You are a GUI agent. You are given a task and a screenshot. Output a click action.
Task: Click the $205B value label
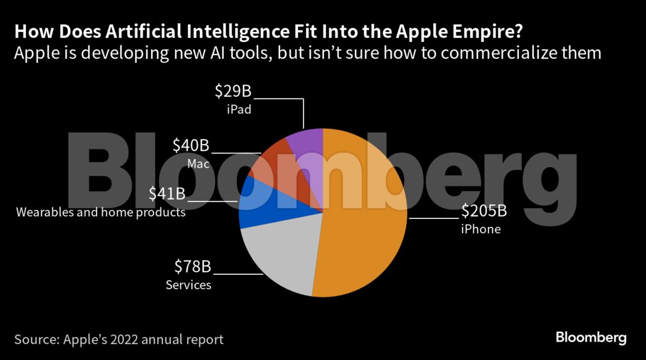click(x=483, y=211)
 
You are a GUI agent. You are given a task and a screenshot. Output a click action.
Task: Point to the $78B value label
click(x=192, y=266)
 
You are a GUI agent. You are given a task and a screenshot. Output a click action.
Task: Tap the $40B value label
click(x=190, y=145)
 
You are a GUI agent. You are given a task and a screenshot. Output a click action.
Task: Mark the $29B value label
click(x=233, y=91)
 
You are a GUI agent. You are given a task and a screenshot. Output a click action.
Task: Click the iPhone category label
click(x=480, y=229)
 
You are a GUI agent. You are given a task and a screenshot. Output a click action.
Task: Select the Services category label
click(x=188, y=284)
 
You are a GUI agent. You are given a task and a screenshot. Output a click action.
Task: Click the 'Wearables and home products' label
click(x=101, y=212)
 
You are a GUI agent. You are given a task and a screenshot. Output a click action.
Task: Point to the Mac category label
click(x=198, y=164)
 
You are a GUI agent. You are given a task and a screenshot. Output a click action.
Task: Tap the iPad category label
click(x=238, y=110)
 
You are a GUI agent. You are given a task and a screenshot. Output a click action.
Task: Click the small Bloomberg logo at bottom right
click(x=591, y=337)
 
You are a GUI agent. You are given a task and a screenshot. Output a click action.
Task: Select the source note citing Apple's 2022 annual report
click(x=119, y=340)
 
